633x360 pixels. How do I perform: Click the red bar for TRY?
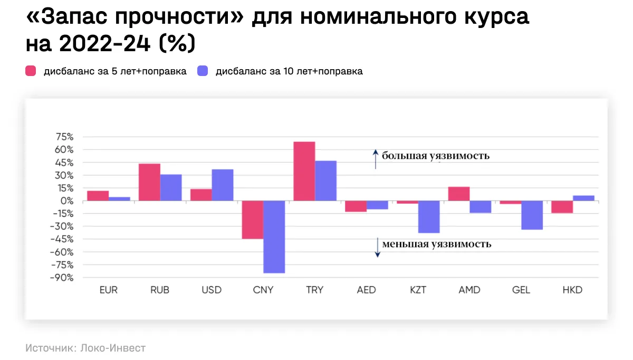[304, 171]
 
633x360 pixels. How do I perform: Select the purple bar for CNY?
[274, 236]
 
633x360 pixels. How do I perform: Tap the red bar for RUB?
[149, 182]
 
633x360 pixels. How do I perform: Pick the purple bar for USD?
[223, 185]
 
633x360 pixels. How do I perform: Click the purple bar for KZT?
[429, 216]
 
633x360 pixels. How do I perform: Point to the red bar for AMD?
[459, 194]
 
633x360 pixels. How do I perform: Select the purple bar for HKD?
[584, 198]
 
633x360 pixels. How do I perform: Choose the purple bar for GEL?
[532, 215]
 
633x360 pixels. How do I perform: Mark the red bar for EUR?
[98, 195]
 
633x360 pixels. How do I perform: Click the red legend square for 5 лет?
[31, 71]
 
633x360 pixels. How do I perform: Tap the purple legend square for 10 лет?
[203, 71]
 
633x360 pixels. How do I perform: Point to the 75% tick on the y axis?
[63, 137]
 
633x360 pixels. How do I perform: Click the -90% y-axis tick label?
[61, 278]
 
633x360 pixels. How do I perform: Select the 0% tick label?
[66, 201]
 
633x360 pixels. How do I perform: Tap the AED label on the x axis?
[366, 290]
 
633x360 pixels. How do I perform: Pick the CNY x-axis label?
[263, 290]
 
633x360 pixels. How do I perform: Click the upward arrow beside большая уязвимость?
[376, 158]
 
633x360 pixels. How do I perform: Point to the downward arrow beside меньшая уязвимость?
[378, 247]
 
